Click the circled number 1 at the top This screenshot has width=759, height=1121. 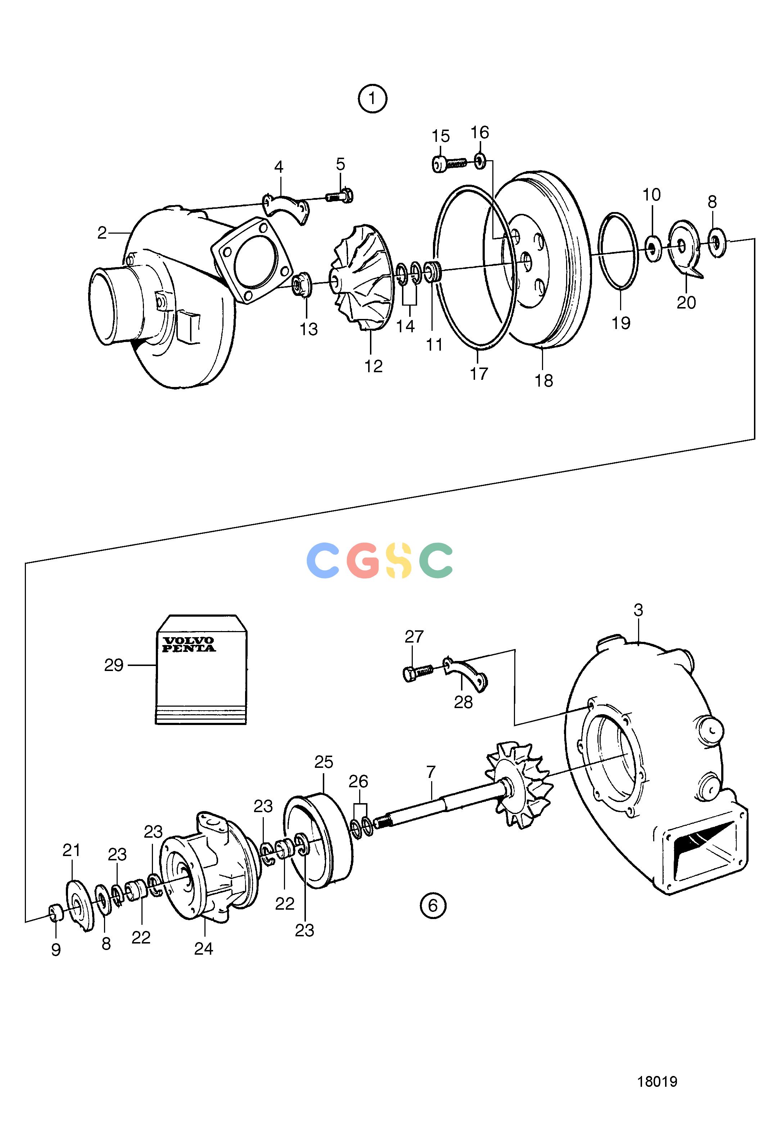[372, 99]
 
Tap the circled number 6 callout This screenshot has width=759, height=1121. [433, 905]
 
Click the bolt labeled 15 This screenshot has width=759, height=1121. [448, 163]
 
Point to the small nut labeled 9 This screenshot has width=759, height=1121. [55, 911]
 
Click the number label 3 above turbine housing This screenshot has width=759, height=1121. [638, 610]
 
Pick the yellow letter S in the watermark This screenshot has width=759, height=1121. [398, 560]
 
